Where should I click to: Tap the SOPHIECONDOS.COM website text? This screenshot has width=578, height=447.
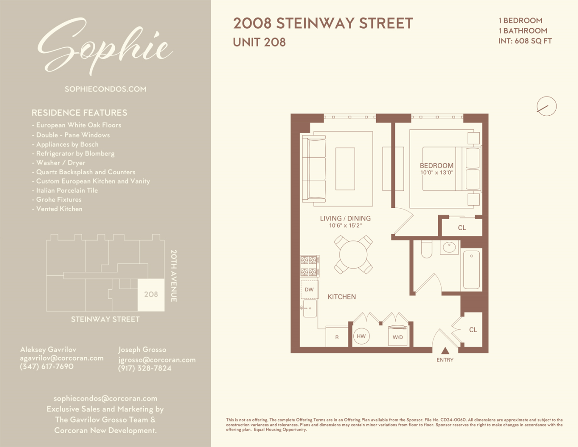(105, 89)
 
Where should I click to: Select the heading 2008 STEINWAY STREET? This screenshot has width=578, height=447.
(323, 23)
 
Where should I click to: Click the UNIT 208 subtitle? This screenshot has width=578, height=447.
(259, 42)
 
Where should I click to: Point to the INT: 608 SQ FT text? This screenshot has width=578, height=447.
(525, 41)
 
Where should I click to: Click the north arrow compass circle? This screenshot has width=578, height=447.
(546, 106)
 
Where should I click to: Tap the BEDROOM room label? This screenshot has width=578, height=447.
(436, 166)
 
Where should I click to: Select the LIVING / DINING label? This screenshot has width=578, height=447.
(345, 219)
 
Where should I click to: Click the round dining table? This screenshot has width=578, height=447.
(353, 255)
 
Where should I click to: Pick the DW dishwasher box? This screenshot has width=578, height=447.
(309, 290)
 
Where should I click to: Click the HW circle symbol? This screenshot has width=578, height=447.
(361, 336)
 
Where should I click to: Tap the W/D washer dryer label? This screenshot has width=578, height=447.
(398, 337)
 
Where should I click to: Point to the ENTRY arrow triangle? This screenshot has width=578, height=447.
(445, 351)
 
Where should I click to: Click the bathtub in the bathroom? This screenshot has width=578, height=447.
(471, 270)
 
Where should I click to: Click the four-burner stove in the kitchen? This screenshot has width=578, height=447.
(309, 266)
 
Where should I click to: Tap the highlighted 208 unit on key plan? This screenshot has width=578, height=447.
(151, 295)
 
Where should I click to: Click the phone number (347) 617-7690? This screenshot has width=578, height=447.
(46, 367)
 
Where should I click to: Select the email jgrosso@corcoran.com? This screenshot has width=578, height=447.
(157, 360)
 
